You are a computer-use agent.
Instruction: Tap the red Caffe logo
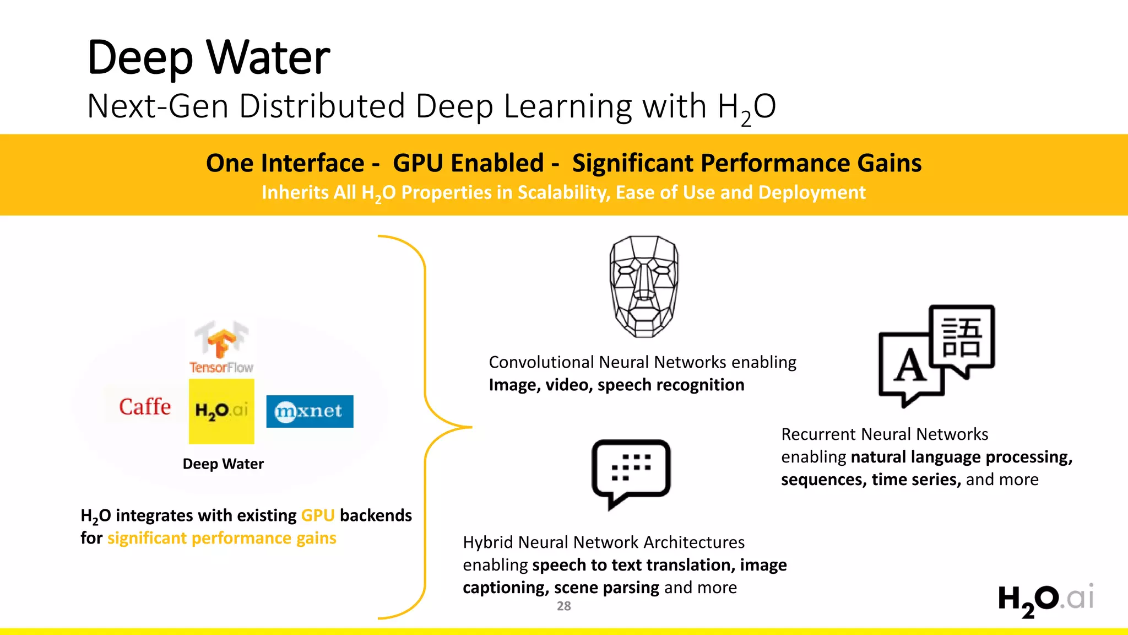(x=145, y=407)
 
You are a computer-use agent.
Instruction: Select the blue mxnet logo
(x=310, y=411)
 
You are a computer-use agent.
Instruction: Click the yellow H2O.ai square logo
(x=221, y=411)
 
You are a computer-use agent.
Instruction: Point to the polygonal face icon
(x=644, y=286)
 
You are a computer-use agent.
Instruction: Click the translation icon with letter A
(x=936, y=356)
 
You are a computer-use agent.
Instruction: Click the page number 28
(x=563, y=606)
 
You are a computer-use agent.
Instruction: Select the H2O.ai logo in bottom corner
(x=1045, y=600)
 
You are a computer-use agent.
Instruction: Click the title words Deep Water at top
(x=209, y=57)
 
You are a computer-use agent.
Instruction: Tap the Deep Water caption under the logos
(x=223, y=464)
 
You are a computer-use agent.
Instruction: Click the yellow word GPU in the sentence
(x=318, y=515)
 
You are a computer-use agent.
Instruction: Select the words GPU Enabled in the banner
(x=468, y=163)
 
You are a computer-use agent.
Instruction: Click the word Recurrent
(x=818, y=434)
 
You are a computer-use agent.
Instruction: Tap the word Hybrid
(x=487, y=542)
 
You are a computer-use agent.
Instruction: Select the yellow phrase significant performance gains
(x=221, y=538)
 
